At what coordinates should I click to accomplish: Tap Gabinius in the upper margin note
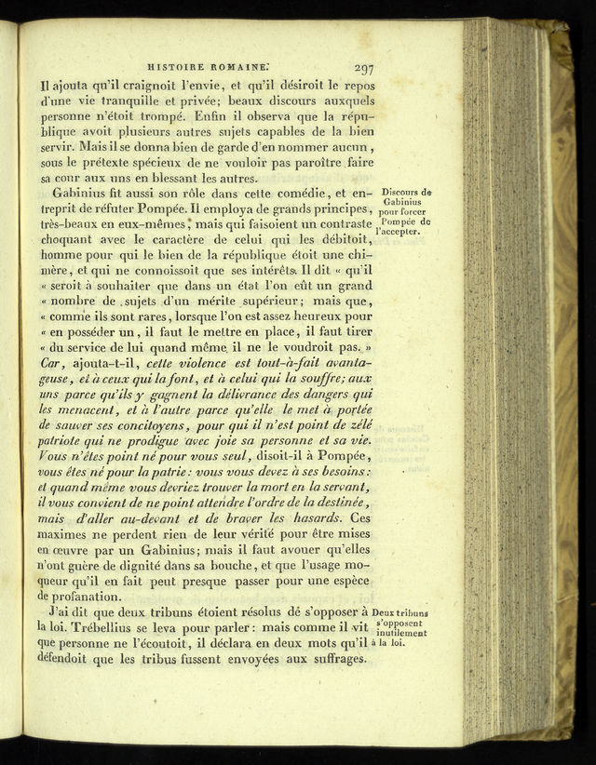pyautogui.click(x=402, y=202)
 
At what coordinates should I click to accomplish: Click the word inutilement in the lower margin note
pyautogui.click(x=401, y=633)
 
